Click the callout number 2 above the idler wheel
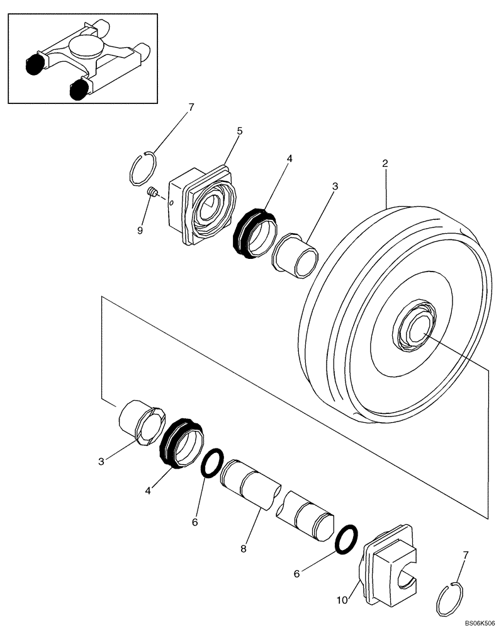coord(384,163)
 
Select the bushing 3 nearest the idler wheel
coord(295,254)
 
